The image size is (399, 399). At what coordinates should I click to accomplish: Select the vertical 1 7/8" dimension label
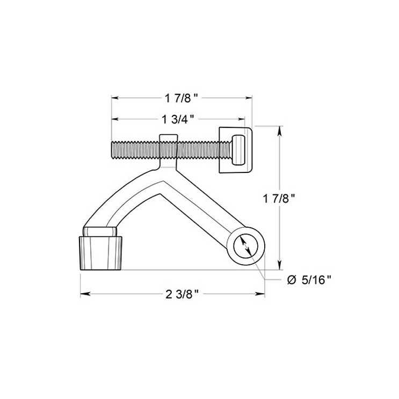(x=280, y=198)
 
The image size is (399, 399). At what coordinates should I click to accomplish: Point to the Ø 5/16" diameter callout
(x=309, y=279)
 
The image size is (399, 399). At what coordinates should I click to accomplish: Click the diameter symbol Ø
(x=291, y=279)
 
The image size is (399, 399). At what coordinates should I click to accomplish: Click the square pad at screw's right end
(x=235, y=150)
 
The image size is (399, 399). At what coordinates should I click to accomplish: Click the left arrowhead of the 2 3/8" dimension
(x=84, y=294)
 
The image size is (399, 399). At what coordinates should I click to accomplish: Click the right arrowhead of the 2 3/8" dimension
(x=263, y=294)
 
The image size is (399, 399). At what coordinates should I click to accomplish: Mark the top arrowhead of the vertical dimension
(x=280, y=129)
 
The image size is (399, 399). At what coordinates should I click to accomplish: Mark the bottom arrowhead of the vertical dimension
(x=280, y=267)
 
